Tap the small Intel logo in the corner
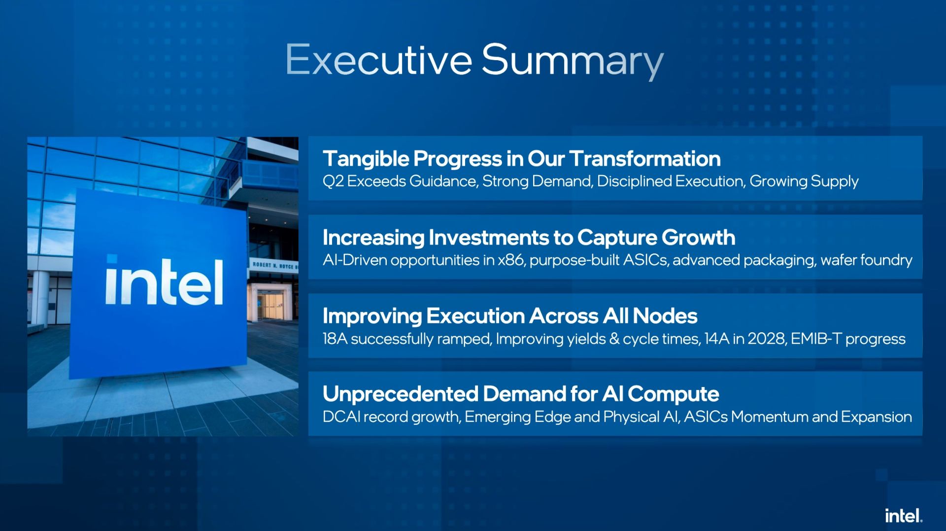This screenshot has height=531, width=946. (x=904, y=516)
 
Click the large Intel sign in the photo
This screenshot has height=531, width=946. (x=164, y=281)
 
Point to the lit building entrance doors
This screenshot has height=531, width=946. (x=270, y=305)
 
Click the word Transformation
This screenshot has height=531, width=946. (x=645, y=159)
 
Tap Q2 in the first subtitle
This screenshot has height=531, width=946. (x=333, y=181)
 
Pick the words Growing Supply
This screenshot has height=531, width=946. (x=804, y=182)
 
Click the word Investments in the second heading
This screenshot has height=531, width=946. (x=488, y=238)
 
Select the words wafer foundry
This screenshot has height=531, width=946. (x=866, y=260)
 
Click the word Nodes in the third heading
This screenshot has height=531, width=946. (x=665, y=316)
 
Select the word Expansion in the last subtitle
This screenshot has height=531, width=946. (x=876, y=418)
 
